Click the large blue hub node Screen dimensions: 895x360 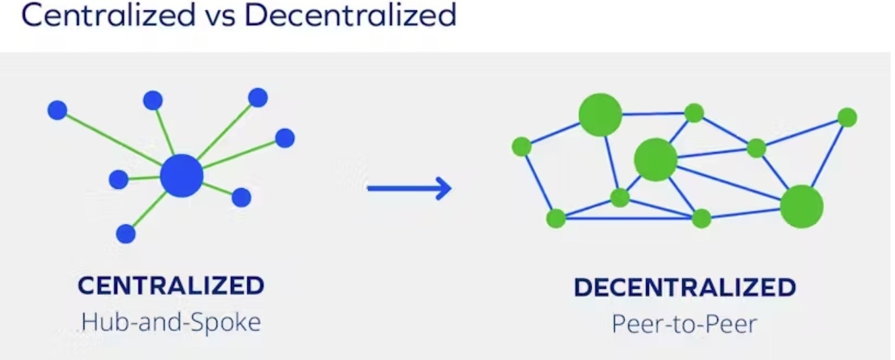(182, 176)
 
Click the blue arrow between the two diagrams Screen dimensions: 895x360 (409, 189)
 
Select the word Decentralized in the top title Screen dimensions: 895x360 (350, 15)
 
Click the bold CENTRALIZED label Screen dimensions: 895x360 (171, 286)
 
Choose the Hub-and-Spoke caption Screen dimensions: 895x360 (171, 322)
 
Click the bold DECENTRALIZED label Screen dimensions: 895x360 (684, 288)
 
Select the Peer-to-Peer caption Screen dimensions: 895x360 (684, 323)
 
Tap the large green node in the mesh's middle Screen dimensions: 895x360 (655, 159)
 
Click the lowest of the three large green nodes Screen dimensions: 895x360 (802, 207)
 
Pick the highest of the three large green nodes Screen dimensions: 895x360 (600, 115)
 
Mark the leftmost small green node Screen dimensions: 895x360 (522, 146)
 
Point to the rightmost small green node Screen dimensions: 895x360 (847, 118)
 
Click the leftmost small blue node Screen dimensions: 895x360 (57, 110)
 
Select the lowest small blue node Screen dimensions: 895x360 (126, 234)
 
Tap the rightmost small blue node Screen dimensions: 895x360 (284, 138)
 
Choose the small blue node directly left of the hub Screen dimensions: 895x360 (118, 179)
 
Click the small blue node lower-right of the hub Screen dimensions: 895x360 (242, 197)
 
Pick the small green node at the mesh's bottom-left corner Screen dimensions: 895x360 (556, 218)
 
